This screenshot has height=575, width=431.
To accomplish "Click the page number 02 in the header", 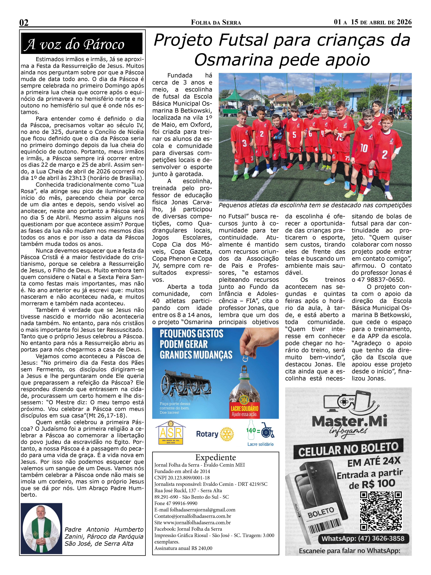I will coord(24,23).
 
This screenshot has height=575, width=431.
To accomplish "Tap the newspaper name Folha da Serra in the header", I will coord(216,23).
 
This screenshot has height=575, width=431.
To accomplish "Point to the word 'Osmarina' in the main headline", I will coord(233,60).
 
